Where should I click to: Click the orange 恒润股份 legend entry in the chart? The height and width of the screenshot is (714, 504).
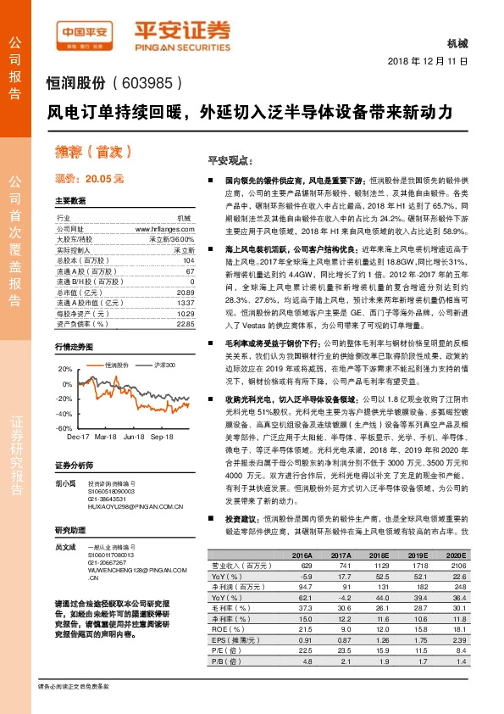tap(118, 364)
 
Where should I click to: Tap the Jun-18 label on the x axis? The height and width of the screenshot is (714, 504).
tap(134, 437)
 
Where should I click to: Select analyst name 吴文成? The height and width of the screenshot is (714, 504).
tap(66, 548)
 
